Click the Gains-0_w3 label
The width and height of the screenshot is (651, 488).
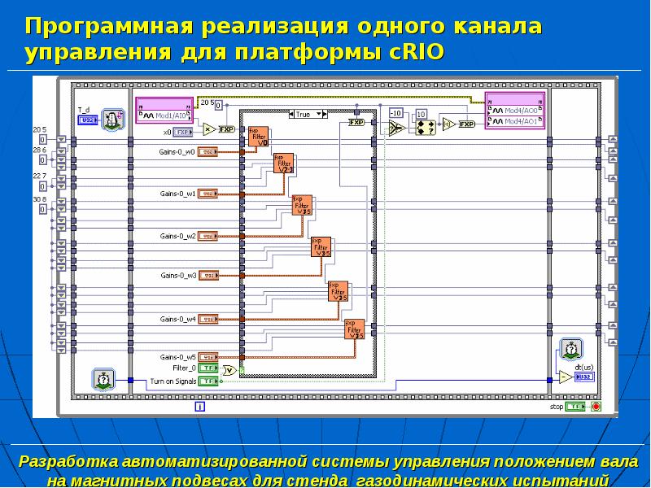(x=177, y=276)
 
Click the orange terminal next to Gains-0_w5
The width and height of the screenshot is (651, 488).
(x=208, y=357)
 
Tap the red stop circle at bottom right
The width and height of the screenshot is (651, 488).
(x=596, y=406)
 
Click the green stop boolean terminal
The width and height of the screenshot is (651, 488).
(x=576, y=406)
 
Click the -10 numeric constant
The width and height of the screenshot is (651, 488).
(x=396, y=112)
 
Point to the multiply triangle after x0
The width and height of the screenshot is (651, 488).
(x=208, y=129)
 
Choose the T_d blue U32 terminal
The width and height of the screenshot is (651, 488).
(x=86, y=120)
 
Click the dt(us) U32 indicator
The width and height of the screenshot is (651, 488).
(x=584, y=377)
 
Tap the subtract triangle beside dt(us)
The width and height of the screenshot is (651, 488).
(x=565, y=377)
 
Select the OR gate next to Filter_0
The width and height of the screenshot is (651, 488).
(x=229, y=370)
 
